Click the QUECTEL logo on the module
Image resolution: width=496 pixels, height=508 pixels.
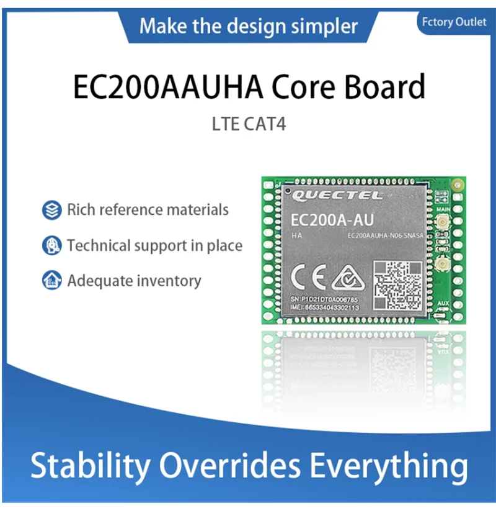click(329, 196)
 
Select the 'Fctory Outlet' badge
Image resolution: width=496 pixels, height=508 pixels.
click(455, 22)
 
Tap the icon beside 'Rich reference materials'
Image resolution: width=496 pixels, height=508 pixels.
click(51, 210)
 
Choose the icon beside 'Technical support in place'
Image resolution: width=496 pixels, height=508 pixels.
click(51, 245)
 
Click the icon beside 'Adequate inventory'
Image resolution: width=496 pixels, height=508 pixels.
click(51, 280)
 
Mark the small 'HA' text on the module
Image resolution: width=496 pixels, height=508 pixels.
click(297, 235)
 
